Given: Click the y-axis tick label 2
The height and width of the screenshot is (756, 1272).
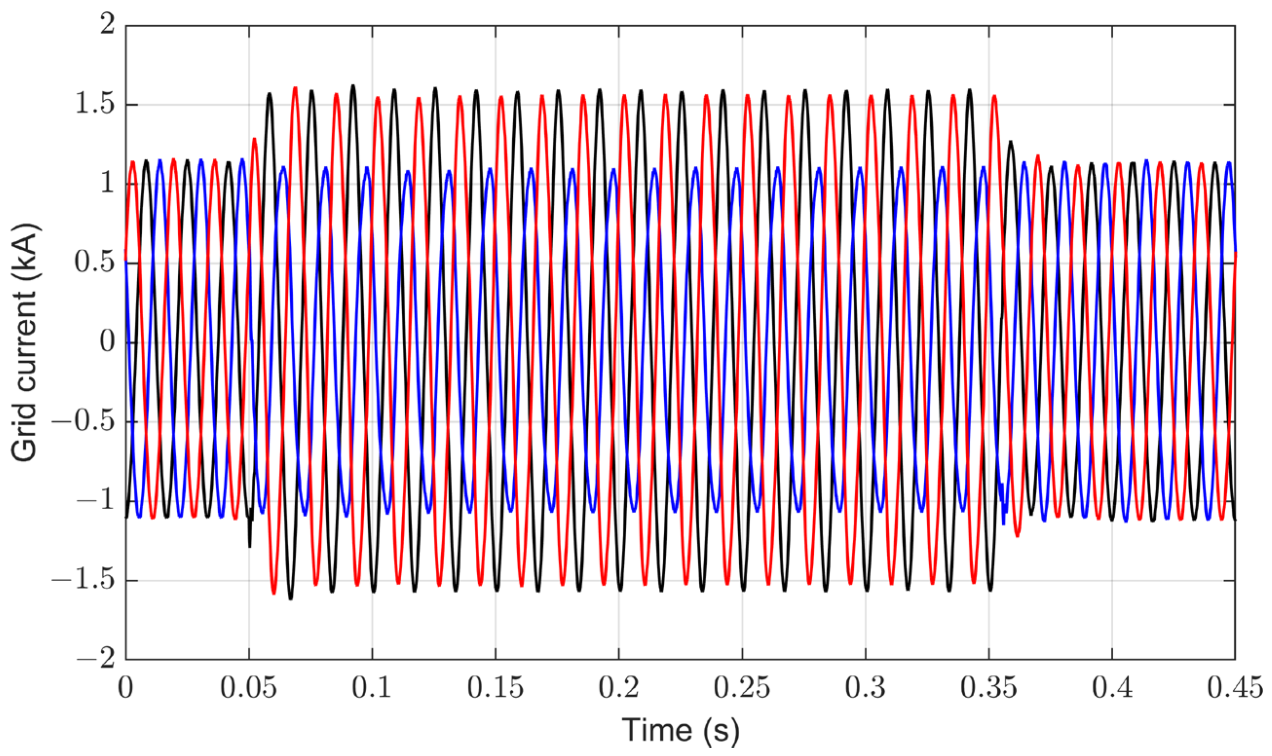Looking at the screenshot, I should coord(108,24).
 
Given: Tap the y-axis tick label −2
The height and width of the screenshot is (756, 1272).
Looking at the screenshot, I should coord(95,660).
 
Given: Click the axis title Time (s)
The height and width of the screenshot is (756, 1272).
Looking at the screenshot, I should coord(681,731).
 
